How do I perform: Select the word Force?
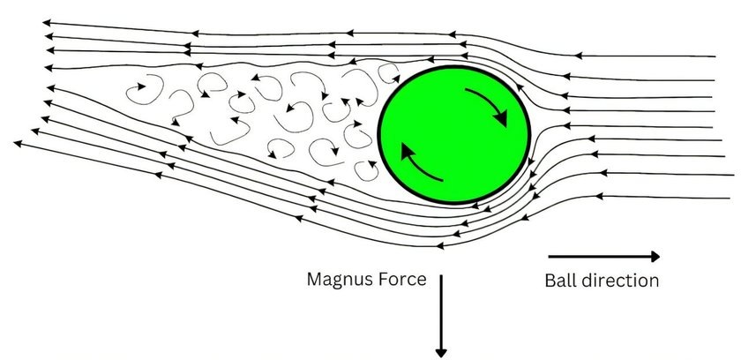405,280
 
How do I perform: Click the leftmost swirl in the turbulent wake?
138,91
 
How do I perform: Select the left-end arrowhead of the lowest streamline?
19,143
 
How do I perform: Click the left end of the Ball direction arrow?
550,257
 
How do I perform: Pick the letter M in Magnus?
315,280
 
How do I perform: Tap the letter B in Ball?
550,281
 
